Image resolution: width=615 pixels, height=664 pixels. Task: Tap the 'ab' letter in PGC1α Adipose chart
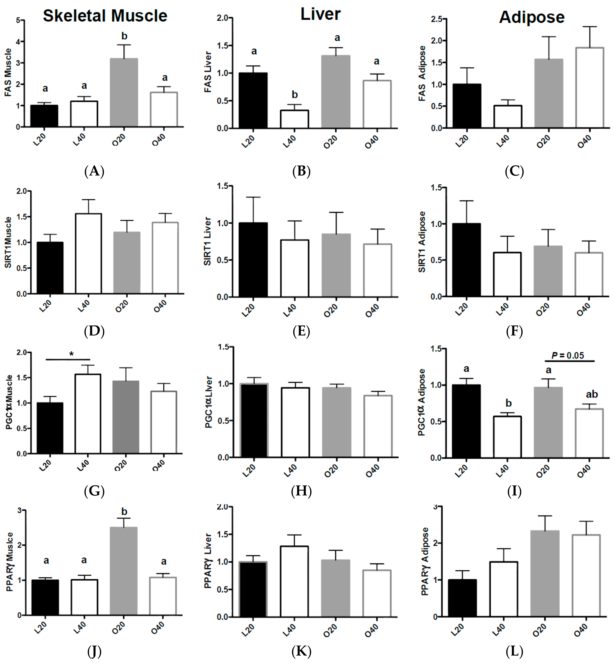click(x=592, y=394)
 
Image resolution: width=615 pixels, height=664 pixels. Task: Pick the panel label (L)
click(x=514, y=651)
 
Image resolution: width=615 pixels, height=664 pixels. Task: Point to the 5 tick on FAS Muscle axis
click(x=18, y=20)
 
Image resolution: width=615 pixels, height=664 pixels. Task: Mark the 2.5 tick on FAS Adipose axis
click(x=437, y=19)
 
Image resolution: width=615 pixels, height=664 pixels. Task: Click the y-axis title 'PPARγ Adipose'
click(x=425, y=561)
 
